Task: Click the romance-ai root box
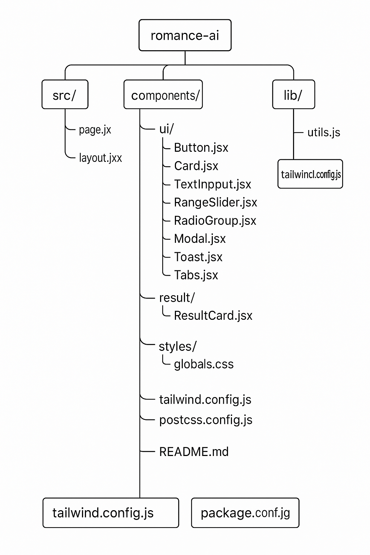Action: tap(185, 35)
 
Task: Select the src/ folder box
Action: tap(65, 94)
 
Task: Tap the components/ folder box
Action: tap(163, 94)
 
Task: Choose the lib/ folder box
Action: tap(294, 94)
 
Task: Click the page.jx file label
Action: tap(95, 130)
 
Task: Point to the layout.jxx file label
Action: tap(100, 158)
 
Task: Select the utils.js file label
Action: tap(324, 133)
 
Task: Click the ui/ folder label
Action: tap(167, 129)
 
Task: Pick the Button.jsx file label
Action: tap(201, 148)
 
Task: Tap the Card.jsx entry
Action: tap(196, 166)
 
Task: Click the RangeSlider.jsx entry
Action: tap(216, 202)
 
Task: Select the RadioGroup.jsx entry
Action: tap(215, 221)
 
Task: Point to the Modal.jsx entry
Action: tap(200, 239)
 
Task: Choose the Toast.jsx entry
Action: tap(198, 257)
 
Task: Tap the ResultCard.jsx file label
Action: tap(213, 316)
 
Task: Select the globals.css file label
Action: tap(204, 364)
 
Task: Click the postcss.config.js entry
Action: tap(206, 420)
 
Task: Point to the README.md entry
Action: tap(194, 452)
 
